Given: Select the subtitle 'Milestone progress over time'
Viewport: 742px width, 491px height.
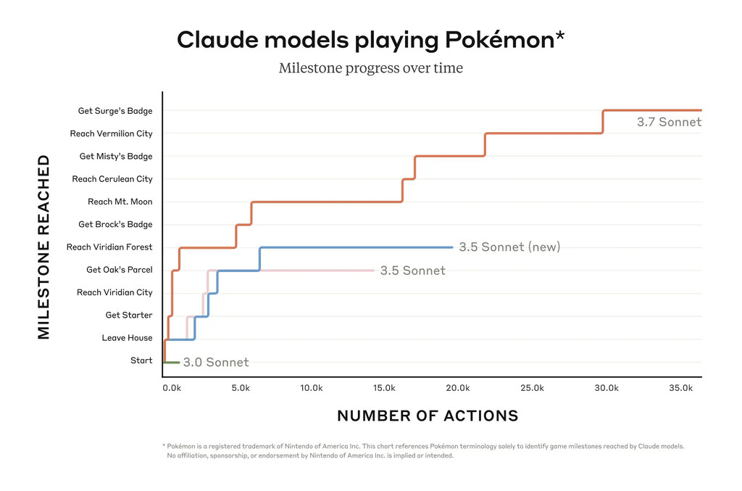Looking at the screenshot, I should pos(370,69).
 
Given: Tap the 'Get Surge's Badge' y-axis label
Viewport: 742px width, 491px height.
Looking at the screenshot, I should pos(115,111).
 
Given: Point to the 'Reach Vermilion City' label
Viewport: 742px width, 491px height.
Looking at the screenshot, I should pos(111,133).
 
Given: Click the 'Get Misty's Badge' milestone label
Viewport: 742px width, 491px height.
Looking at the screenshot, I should pos(116,157).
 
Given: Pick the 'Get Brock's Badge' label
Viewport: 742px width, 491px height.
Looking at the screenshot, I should pos(115,225).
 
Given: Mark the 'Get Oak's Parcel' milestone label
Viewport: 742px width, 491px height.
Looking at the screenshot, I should pos(119,270).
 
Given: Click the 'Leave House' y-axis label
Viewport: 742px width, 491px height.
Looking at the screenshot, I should pos(127,338).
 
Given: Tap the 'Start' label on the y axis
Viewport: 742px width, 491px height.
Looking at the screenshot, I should pos(141,360).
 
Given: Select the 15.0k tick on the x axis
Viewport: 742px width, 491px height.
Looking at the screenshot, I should pos(385,389).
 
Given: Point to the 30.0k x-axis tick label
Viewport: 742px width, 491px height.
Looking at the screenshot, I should pos(606,389).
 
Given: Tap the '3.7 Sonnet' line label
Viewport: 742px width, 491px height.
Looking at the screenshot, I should pos(669,123).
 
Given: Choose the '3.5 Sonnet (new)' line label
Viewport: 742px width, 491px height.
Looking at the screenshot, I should pos(509,247).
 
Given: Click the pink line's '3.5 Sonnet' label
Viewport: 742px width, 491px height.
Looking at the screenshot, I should pos(412,271).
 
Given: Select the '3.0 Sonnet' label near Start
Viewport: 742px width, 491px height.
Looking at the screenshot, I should pos(215,363).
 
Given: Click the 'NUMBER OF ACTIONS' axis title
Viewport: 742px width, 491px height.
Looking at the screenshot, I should pos(428,416).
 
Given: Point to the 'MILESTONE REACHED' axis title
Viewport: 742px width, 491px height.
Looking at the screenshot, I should pos(44,247).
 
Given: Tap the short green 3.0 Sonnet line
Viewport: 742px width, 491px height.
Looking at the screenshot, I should pos(172,362).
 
